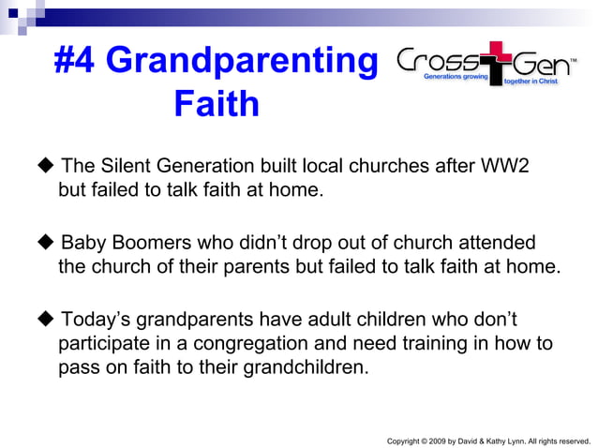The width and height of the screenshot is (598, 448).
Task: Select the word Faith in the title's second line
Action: click(217, 104)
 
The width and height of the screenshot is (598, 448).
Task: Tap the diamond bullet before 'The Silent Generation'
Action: click(46, 167)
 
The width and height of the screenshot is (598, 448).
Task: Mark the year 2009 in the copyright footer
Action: click(440, 440)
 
